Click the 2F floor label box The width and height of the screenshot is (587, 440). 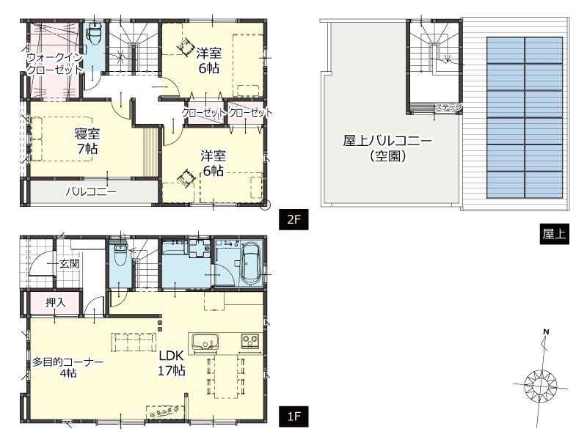(x=293, y=218)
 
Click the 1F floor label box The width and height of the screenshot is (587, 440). (x=293, y=417)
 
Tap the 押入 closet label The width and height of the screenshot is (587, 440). (x=54, y=302)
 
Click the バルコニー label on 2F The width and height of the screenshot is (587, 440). (x=90, y=192)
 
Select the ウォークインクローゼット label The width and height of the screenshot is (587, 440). (x=54, y=63)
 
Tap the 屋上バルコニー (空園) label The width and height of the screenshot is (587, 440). (x=388, y=147)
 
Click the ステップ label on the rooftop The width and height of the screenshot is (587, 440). (x=448, y=108)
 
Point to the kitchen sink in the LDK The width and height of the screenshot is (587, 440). (x=204, y=341)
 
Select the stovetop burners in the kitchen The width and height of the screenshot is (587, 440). (x=249, y=341)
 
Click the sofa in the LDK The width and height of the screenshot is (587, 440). (x=134, y=341)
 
